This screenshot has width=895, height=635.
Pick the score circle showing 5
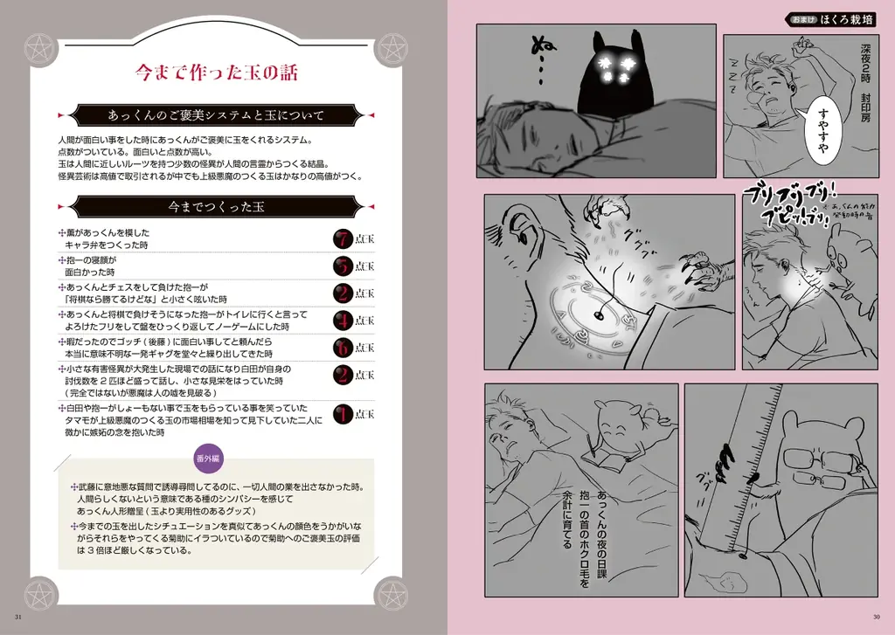(x=343, y=266)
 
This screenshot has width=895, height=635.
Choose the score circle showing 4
(x=343, y=321)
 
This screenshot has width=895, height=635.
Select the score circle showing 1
(x=343, y=414)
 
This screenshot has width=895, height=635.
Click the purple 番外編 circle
(x=208, y=459)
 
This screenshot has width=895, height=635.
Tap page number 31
(x=18, y=621)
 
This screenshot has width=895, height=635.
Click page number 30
(x=876, y=621)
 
